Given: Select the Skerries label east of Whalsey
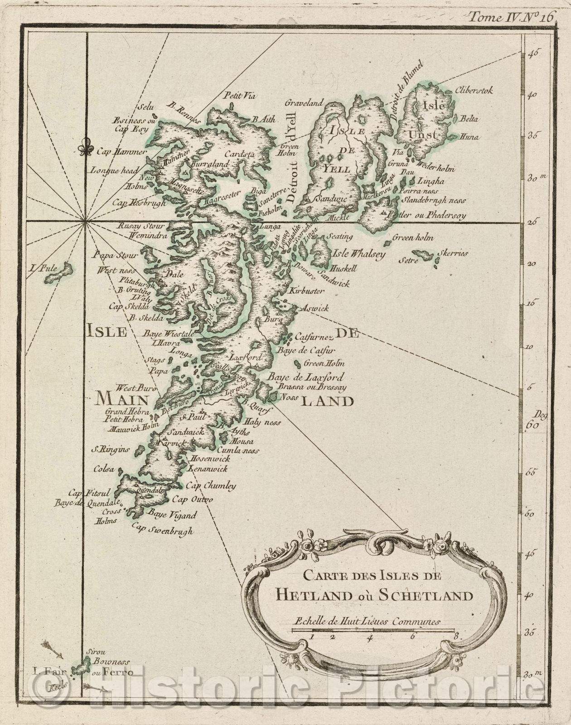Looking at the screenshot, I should pos(455,253).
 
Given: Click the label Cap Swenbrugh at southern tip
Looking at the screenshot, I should pos(162,530).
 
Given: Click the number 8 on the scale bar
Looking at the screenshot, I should pos(455,637).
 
